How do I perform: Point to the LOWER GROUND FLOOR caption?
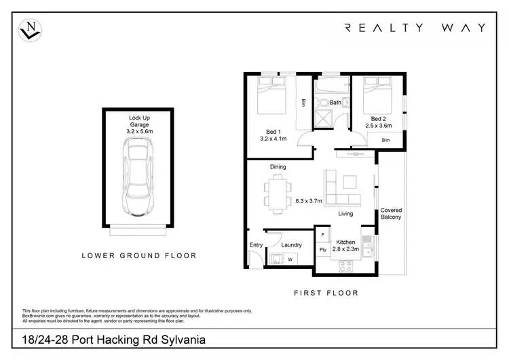coord(139,256)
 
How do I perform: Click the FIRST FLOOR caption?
coord(326,293)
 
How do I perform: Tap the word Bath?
coord(335,103)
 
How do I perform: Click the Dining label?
coord(278,166)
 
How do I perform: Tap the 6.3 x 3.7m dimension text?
coord(309,200)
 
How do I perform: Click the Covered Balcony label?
coord(391,213)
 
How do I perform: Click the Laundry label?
coord(291,245)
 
